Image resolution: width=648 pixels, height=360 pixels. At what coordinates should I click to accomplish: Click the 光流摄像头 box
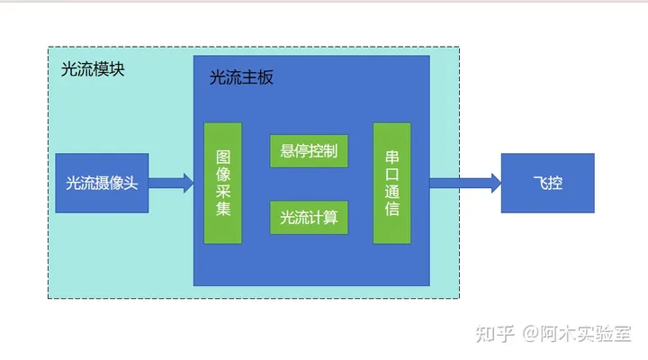click(x=102, y=183)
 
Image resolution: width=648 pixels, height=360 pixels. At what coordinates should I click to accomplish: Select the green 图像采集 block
click(x=223, y=183)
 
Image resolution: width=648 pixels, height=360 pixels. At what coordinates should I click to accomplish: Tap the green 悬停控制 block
click(x=309, y=150)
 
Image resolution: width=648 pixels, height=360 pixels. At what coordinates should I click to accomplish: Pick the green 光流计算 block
click(x=309, y=217)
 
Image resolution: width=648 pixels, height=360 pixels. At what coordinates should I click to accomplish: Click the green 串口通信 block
click(x=391, y=183)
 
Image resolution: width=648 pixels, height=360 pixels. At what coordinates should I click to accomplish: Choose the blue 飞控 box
click(x=547, y=183)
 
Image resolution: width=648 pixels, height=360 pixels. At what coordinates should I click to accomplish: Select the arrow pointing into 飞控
click(x=464, y=184)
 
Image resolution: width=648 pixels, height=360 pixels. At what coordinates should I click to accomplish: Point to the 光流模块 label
click(x=92, y=69)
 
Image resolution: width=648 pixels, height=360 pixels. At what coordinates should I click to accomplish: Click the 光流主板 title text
click(x=241, y=77)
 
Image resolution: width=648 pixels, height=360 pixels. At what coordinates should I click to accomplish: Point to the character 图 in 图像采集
click(x=223, y=154)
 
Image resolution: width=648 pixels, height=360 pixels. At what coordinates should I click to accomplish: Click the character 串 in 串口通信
click(x=391, y=154)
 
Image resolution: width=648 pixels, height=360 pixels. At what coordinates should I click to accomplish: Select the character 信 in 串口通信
click(x=391, y=211)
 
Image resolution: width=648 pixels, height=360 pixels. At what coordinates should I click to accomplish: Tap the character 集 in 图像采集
click(x=223, y=211)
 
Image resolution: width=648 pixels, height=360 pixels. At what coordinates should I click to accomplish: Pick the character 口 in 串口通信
click(x=391, y=173)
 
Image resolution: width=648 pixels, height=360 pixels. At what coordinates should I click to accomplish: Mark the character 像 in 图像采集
click(x=223, y=173)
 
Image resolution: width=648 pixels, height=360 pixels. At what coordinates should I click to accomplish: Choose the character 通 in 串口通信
click(x=391, y=192)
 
